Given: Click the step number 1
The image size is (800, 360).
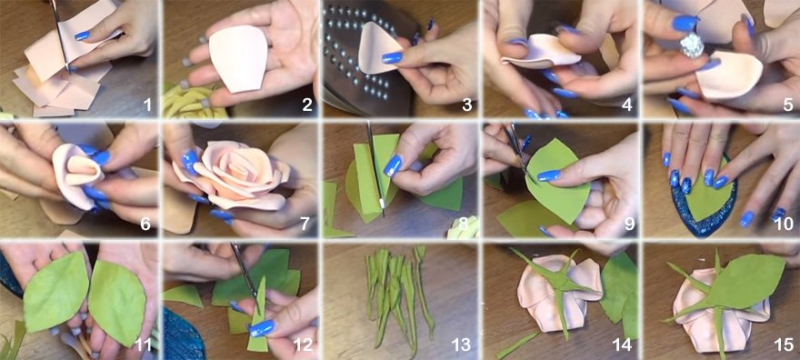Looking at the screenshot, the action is pos(147,105).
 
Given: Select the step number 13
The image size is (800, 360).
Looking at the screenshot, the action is pos(461,345).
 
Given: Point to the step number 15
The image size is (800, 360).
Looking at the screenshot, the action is pos(785,345).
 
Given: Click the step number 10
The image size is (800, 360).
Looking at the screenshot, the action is pos(784,224).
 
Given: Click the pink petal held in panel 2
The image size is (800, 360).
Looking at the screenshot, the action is pos(238,59).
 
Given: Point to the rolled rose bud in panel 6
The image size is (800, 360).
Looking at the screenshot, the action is pos(76,174).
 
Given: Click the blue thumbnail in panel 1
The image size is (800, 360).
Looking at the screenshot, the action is pos(82,35).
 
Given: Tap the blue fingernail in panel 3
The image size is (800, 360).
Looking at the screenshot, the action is pos(392,57).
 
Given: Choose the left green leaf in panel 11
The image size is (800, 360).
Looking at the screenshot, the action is pos(56,292).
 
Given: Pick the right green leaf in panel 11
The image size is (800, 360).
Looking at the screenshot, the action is pos(117,301).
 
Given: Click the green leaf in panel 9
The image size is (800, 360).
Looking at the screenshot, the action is pos(556,181).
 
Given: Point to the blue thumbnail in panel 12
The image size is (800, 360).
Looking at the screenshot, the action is pos(262,328).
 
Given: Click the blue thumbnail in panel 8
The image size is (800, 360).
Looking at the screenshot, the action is pos(394,165).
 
